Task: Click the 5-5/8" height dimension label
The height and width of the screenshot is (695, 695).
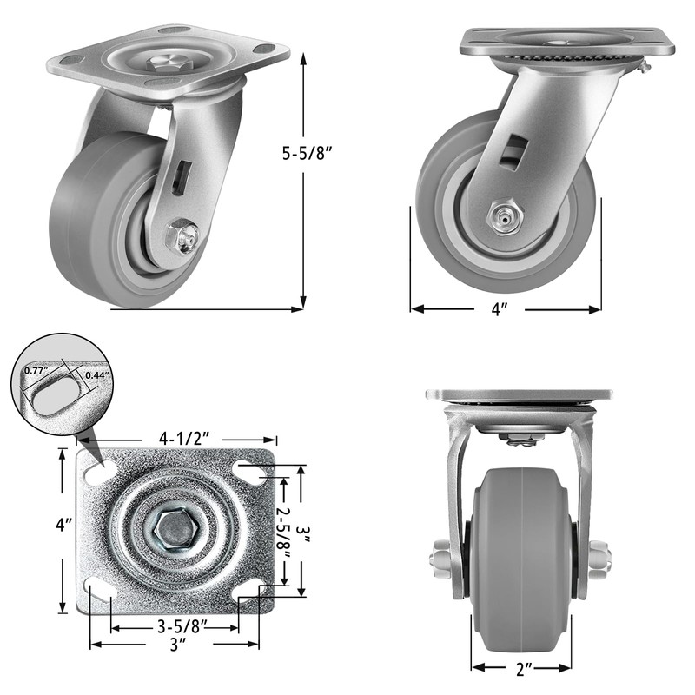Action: tap(308, 154)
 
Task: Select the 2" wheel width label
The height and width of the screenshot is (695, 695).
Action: tap(520, 669)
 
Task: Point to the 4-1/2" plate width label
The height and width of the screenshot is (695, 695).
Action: tap(184, 439)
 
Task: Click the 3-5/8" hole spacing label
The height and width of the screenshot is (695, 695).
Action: tap(182, 626)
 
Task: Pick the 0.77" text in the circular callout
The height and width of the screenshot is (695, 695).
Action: tap(36, 371)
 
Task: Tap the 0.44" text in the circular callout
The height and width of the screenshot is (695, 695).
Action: tap(97, 375)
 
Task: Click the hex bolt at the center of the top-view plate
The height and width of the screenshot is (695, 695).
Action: tap(175, 530)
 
